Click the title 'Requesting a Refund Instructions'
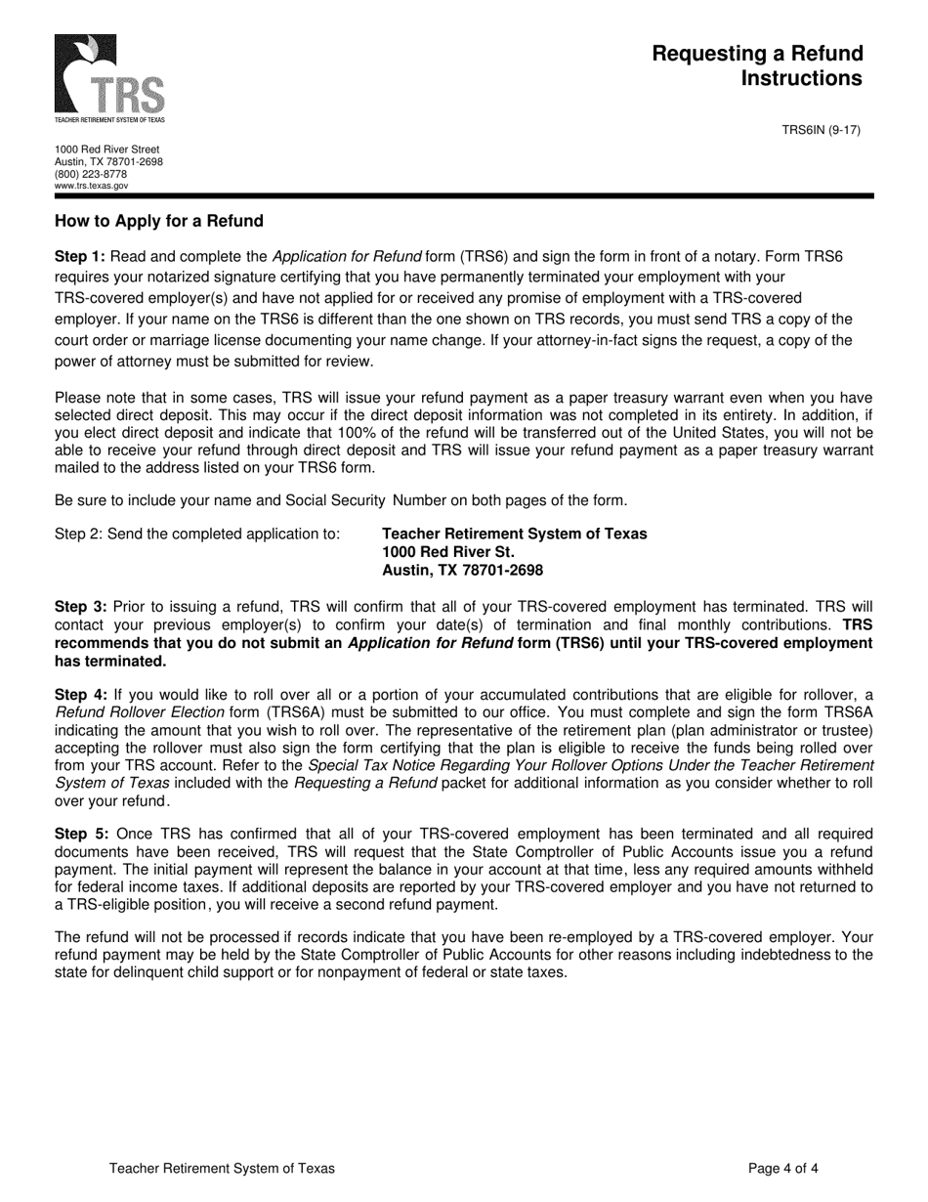click(x=758, y=65)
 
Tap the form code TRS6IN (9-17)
click(x=821, y=130)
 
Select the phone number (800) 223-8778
click(x=91, y=174)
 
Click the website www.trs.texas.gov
click(x=91, y=185)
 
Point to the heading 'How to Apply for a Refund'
click(x=159, y=221)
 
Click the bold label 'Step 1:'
click(x=80, y=257)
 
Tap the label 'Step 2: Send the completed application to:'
click(x=197, y=534)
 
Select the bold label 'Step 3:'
click(x=80, y=607)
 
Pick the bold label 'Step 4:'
click(x=80, y=695)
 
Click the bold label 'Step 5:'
click(x=80, y=835)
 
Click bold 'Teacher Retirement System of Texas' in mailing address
click(x=514, y=534)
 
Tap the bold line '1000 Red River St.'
click(x=447, y=552)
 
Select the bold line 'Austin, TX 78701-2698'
click(x=462, y=571)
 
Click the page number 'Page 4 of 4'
click(x=783, y=1168)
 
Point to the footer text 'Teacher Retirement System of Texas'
click(x=222, y=1168)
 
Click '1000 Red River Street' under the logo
click(x=106, y=150)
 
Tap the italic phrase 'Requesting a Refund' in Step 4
click(x=365, y=783)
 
